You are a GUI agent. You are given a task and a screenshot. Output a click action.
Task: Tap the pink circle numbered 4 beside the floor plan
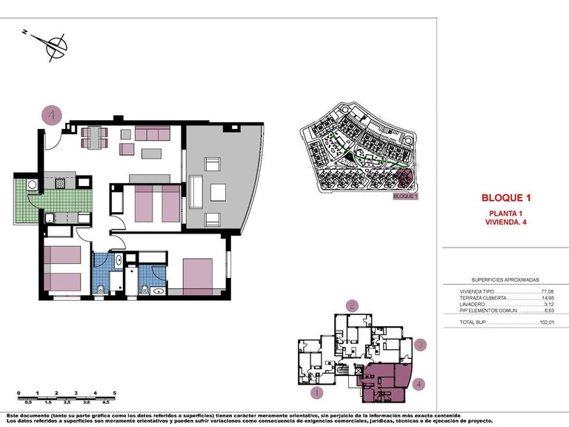click(52, 116)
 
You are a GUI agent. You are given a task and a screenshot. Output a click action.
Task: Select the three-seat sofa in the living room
click(152, 134)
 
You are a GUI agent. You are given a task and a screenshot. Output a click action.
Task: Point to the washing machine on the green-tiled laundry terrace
click(32, 184)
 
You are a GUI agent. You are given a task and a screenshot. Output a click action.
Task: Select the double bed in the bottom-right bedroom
click(197, 276)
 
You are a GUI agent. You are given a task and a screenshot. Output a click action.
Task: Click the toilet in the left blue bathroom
click(101, 288)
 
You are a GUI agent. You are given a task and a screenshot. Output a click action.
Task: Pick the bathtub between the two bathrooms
click(130, 277)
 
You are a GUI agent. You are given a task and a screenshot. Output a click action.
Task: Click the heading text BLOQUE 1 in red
click(507, 198)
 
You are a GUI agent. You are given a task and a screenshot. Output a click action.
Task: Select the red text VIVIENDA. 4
click(507, 222)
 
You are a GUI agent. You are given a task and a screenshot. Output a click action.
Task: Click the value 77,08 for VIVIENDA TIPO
click(548, 292)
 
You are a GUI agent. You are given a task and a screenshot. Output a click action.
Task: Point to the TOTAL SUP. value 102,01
click(546, 323)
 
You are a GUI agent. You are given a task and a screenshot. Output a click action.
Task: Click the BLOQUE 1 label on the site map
click(405, 196)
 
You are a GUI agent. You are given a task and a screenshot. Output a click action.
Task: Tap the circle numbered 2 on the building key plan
click(353, 305)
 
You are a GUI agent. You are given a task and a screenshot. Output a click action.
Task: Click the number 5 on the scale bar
click(114, 392)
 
